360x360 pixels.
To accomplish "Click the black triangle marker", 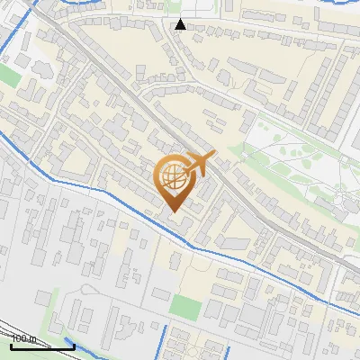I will pyautogui.click(x=181, y=24).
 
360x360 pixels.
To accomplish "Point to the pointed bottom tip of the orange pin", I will pyautogui.click(x=173, y=212).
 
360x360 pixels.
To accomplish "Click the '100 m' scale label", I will pyautogui.click(x=22, y=338).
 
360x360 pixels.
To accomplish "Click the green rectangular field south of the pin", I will pyautogui.click(x=185, y=307).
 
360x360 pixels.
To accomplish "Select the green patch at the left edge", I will pyautogui.click(x=8, y=76).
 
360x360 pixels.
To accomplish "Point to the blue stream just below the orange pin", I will pyautogui.click(x=180, y=236).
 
